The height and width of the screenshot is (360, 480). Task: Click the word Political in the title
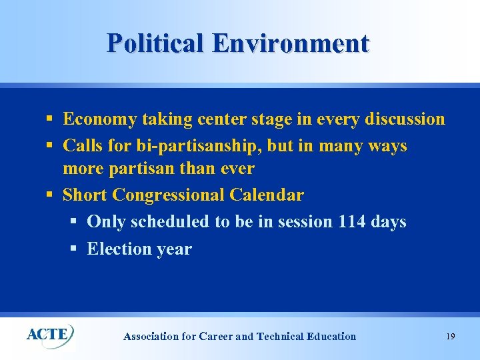(156, 43)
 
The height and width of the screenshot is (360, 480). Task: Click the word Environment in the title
(291, 43)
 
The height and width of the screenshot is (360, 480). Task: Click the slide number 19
(451, 337)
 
